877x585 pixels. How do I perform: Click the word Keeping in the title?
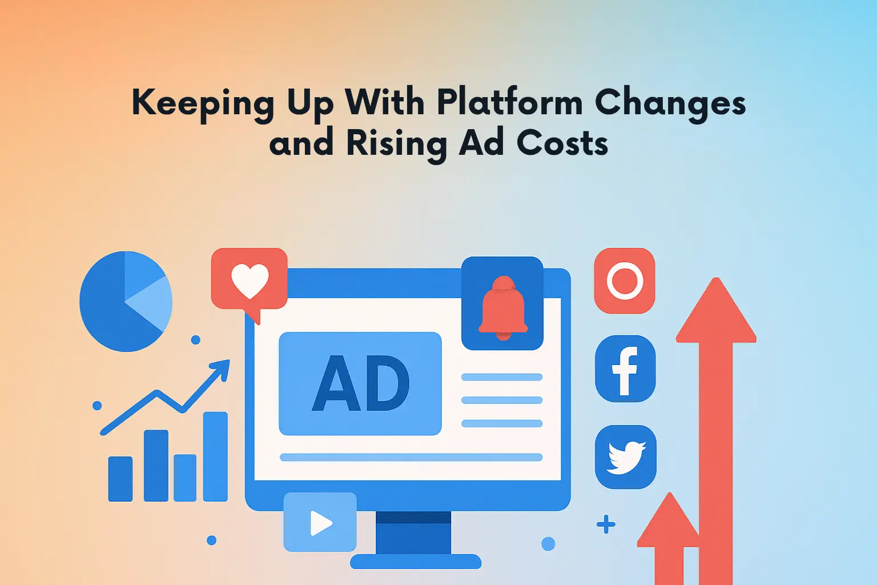point(203,103)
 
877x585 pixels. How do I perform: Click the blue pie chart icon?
point(126,301)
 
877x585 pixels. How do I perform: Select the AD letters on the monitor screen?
point(360,383)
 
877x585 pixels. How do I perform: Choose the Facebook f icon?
point(625,369)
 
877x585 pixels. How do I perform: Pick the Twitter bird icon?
point(626,457)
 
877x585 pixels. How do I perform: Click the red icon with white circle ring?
point(625,281)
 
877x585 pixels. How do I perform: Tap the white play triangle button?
point(320,522)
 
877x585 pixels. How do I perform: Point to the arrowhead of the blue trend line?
point(222,368)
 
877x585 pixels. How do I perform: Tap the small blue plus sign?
point(606,524)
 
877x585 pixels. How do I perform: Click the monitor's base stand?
point(415,561)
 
